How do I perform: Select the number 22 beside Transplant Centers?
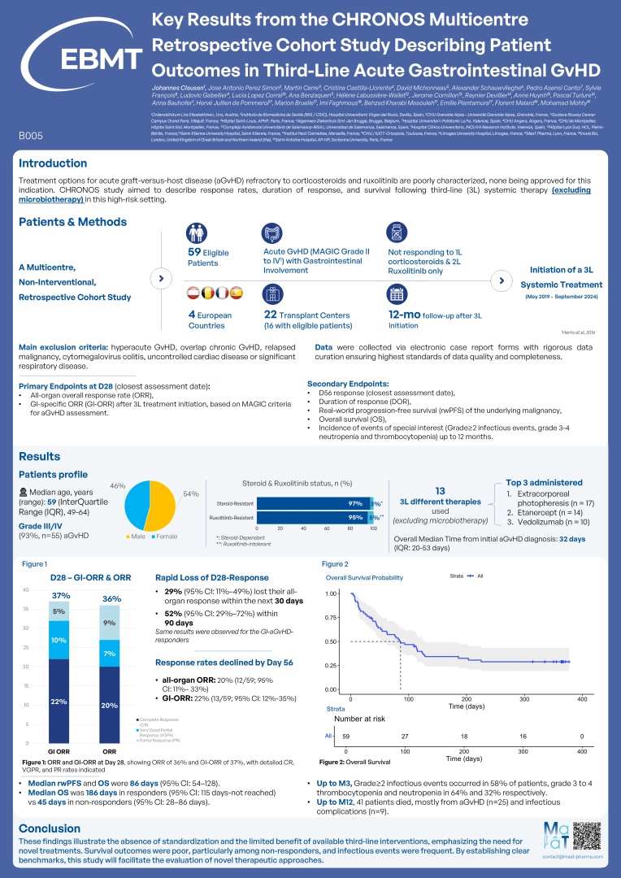point(272,315)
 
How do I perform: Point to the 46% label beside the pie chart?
point(117,485)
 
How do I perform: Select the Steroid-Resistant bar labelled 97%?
point(313,504)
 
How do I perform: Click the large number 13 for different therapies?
point(440,491)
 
